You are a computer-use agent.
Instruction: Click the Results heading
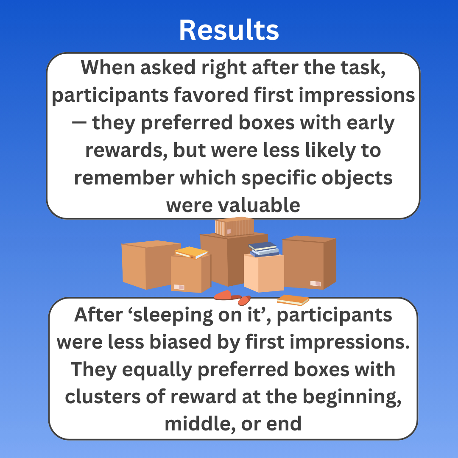[229, 30]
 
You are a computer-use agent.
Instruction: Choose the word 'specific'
[279, 178]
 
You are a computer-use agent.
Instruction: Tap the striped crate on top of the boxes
[234, 226]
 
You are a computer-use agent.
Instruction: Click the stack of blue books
[264, 249]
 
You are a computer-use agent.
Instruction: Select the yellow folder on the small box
[191, 252]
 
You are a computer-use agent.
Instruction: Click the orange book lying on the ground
[293, 300]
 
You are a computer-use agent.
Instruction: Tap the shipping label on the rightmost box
[315, 283]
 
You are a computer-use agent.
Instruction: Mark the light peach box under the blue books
[264, 273]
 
